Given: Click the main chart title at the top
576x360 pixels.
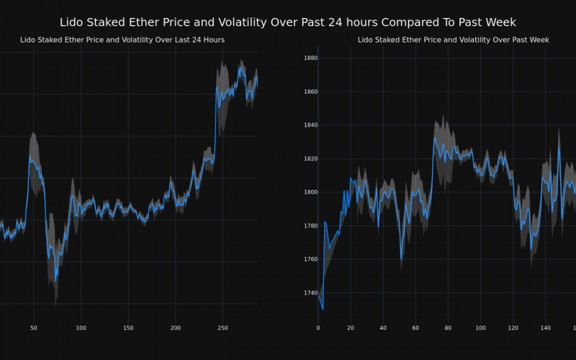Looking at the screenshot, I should pyautogui.click(x=288, y=22).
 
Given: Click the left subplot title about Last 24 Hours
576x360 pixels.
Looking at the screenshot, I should pyautogui.click(x=122, y=40).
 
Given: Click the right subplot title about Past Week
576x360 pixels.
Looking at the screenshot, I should pyautogui.click(x=454, y=40).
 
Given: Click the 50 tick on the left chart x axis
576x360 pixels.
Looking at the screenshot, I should pyautogui.click(x=33, y=328).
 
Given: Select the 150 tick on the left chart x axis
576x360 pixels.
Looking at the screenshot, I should pyautogui.click(x=128, y=328).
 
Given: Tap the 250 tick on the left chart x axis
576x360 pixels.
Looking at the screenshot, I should pyautogui.click(x=222, y=328).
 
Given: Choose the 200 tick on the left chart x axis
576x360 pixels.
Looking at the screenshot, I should pyautogui.click(x=175, y=328).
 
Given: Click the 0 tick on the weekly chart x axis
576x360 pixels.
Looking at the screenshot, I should pyautogui.click(x=318, y=328).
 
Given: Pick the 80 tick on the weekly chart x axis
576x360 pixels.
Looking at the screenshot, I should pyautogui.click(x=448, y=328).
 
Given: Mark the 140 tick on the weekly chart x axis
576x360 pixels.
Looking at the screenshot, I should pyautogui.click(x=546, y=328).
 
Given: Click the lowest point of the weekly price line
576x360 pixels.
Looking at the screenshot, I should pyautogui.click(x=323, y=310).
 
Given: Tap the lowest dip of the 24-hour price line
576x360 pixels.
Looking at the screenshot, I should pyautogui.click(x=55, y=280).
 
